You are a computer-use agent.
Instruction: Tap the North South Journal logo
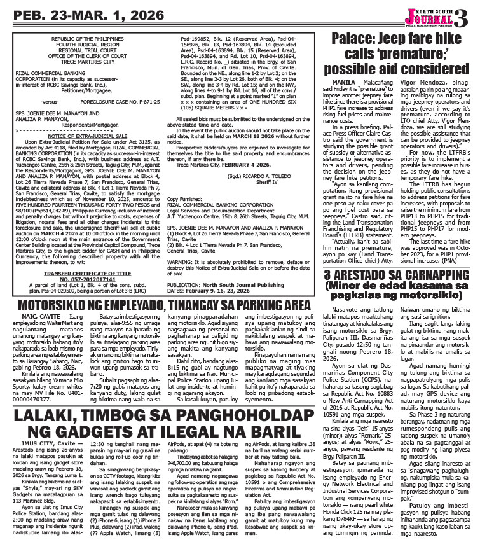point(433,13)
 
